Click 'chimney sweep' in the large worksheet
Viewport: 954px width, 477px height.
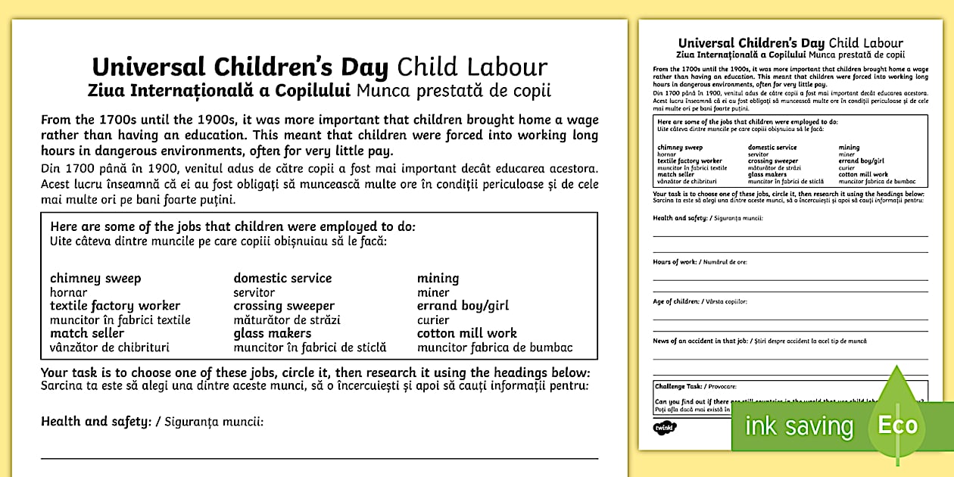click(95, 279)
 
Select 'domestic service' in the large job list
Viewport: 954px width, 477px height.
click(282, 279)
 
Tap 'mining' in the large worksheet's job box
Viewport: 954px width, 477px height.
click(438, 279)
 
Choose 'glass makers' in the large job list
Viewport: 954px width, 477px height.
click(272, 333)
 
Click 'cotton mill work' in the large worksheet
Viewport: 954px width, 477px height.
click(466, 333)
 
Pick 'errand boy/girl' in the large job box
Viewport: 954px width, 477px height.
click(463, 306)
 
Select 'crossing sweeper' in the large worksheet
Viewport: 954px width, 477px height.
click(284, 306)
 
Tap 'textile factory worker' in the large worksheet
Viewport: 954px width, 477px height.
click(115, 306)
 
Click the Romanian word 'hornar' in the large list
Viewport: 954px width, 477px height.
click(68, 292)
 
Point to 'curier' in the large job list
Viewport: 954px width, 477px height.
click(433, 320)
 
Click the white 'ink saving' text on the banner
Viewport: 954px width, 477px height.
click(799, 426)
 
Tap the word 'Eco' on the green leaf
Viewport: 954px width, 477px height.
click(897, 425)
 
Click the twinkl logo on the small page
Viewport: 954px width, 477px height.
click(665, 427)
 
